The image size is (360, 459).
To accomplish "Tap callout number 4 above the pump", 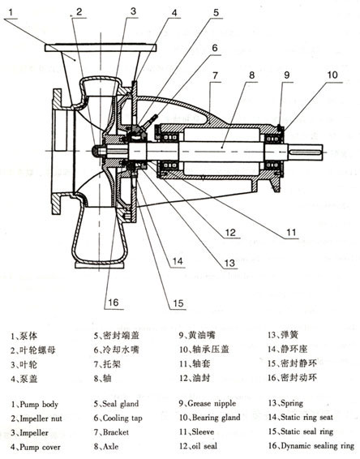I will click(175, 12).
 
